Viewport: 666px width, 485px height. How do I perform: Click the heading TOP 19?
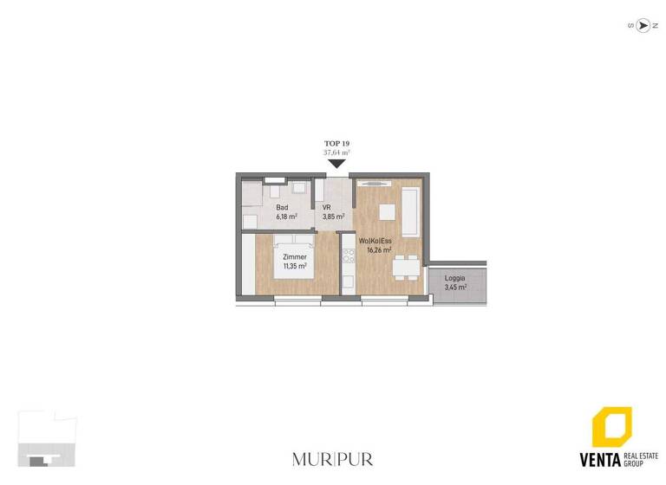(x=336, y=144)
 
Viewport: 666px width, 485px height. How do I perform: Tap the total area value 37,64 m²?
(x=336, y=152)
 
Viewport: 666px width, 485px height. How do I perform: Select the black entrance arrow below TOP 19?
(x=336, y=162)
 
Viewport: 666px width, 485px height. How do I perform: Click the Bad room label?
(x=282, y=208)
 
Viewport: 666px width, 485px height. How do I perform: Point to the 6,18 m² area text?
(x=287, y=217)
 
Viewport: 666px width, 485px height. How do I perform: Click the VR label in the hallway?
(x=327, y=208)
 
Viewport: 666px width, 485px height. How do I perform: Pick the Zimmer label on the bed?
(x=293, y=257)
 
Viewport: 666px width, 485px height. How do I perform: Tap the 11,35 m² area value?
(x=294, y=266)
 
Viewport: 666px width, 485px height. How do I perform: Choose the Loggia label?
(x=454, y=278)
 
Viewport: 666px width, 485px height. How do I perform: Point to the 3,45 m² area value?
(x=455, y=287)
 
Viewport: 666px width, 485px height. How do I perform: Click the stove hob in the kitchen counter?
(x=349, y=256)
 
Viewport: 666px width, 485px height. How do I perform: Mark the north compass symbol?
(x=643, y=26)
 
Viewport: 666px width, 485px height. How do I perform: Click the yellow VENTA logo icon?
(x=611, y=428)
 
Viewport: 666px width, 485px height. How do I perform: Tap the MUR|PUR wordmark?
(x=332, y=458)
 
